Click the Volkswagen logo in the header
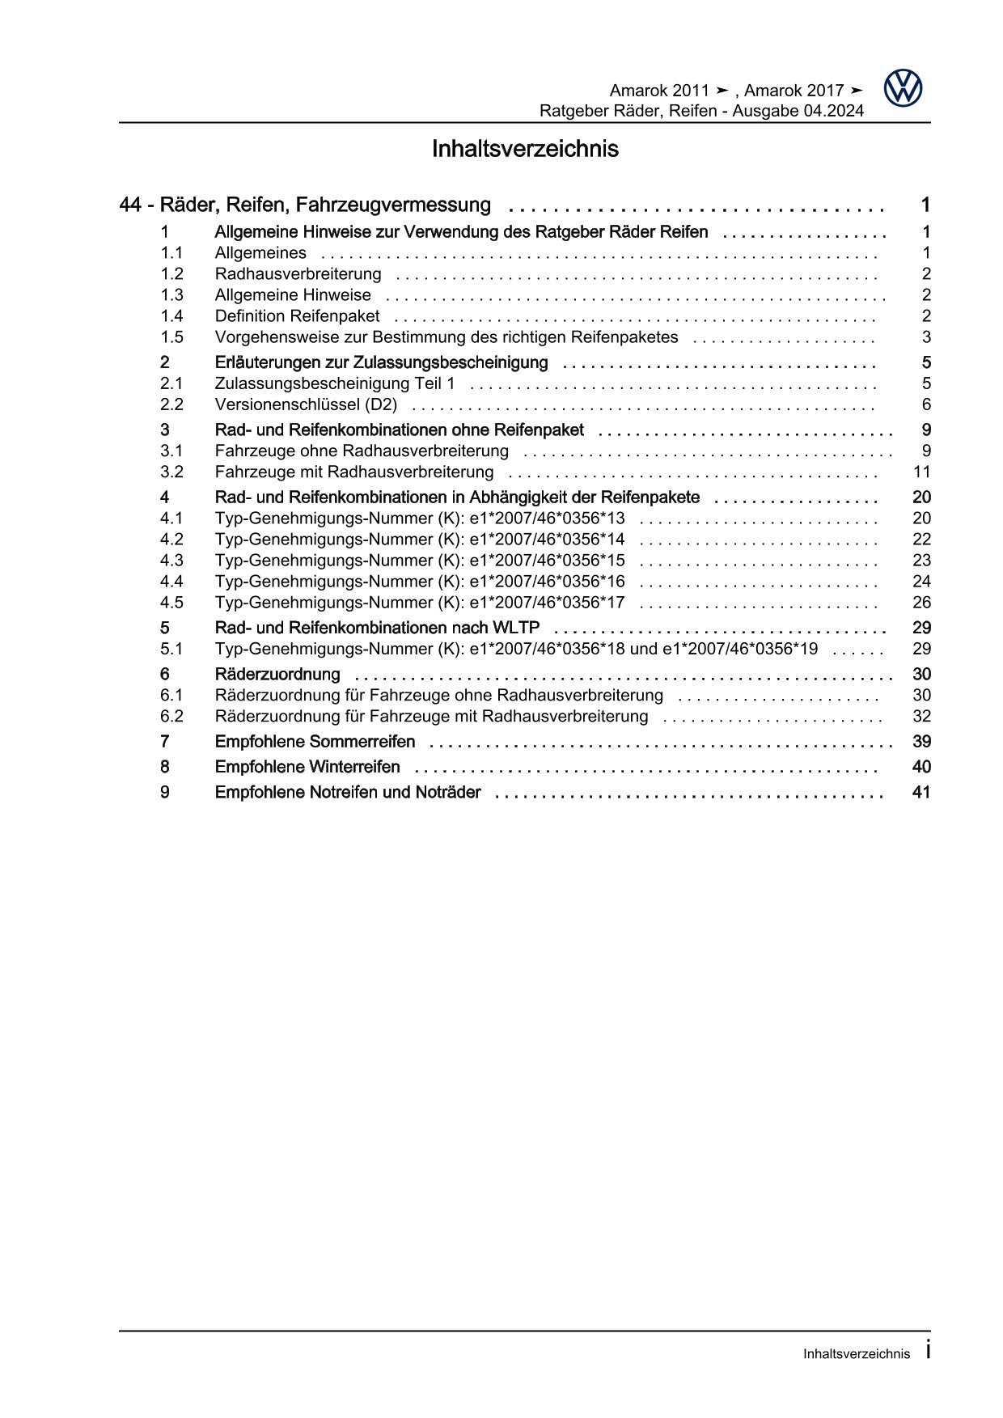pyautogui.click(x=902, y=88)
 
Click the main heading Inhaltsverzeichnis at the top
pyautogui.click(x=525, y=150)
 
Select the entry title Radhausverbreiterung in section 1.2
pyautogui.click(x=298, y=274)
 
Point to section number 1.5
pyautogui.click(x=171, y=337)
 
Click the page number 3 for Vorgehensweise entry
pyautogui.click(x=926, y=337)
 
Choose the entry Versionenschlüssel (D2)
pyautogui.click(x=306, y=404)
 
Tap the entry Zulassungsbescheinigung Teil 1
pyautogui.click(x=335, y=383)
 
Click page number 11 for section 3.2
pyautogui.click(x=921, y=472)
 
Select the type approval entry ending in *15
pyautogui.click(x=420, y=561)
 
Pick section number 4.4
pyautogui.click(x=171, y=582)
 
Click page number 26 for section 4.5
pyautogui.click(x=921, y=603)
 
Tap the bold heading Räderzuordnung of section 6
pyautogui.click(x=277, y=675)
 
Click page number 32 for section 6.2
pyautogui.click(x=921, y=717)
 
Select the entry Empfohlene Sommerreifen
pyautogui.click(x=315, y=742)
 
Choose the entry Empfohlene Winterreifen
pyautogui.click(x=307, y=767)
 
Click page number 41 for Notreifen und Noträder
pyautogui.click(x=921, y=793)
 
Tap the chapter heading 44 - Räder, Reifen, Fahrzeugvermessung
pyautogui.click(x=305, y=205)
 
